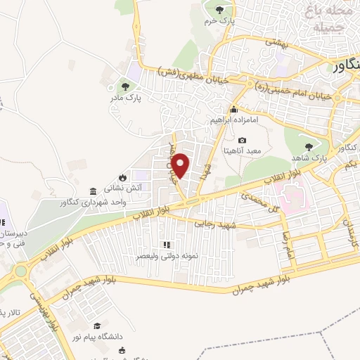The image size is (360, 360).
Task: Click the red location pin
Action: click(181, 165)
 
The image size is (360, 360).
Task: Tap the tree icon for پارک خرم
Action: click(219, 10)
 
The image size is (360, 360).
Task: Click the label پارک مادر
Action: click(125, 99)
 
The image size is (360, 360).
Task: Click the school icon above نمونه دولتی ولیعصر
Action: click(167, 245)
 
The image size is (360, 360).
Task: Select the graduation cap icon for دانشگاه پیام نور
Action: click(97, 326)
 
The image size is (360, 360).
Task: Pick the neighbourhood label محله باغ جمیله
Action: click(326, 19)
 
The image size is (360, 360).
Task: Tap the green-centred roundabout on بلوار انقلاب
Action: click(20, 270)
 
